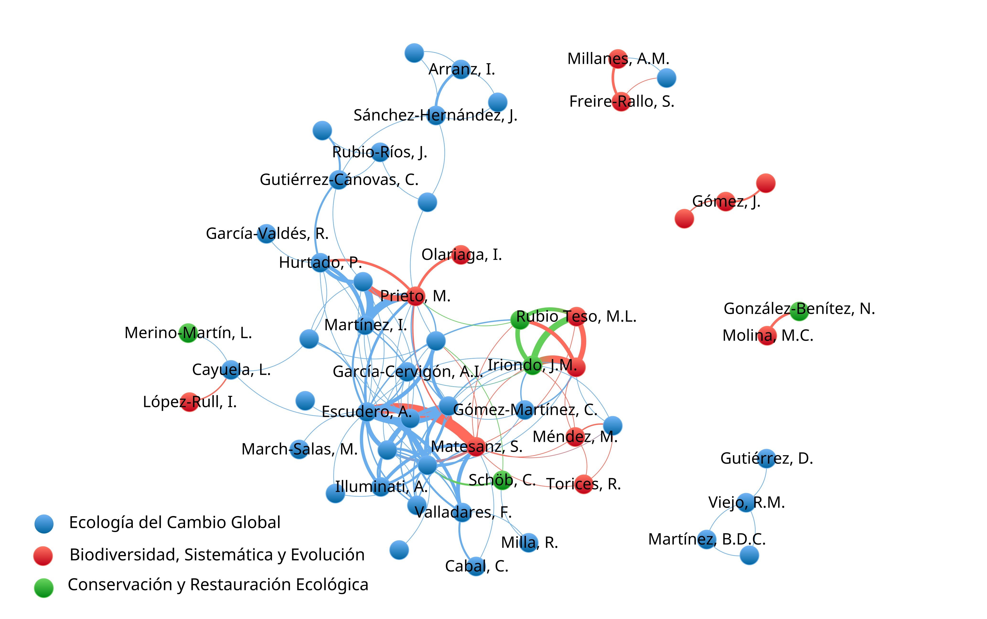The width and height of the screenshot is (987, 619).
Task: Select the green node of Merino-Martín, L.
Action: pos(188,333)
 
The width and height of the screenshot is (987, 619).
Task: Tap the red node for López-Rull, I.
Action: pos(189,402)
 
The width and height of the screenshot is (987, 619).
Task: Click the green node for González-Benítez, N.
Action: pos(799,311)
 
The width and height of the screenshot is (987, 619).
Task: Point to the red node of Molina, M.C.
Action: pos(767,336)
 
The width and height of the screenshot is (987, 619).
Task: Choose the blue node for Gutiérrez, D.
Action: pos(767,458)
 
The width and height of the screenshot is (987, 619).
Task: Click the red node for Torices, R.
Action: pos(584,484)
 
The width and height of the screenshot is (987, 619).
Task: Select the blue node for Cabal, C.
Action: pos(476,566)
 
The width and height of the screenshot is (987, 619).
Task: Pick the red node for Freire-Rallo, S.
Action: pos(621,102)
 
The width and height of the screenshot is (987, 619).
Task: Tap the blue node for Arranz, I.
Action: pos(461,69)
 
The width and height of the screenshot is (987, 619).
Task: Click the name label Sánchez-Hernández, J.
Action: pos(435,115)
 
